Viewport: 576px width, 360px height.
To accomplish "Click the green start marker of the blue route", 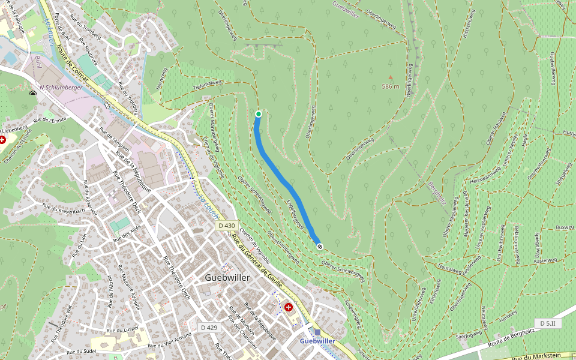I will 259,114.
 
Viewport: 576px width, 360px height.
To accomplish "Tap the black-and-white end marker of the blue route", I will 320,246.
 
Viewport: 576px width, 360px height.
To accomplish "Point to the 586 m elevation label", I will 391,86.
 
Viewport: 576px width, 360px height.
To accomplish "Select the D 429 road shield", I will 209,327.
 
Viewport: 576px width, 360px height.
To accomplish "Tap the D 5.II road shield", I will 547,323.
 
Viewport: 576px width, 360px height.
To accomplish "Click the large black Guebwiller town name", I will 227,278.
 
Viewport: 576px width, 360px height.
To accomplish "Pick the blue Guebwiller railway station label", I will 317,341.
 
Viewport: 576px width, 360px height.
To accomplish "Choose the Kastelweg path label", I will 544,260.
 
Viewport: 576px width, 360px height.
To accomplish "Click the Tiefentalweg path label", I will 208,85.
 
